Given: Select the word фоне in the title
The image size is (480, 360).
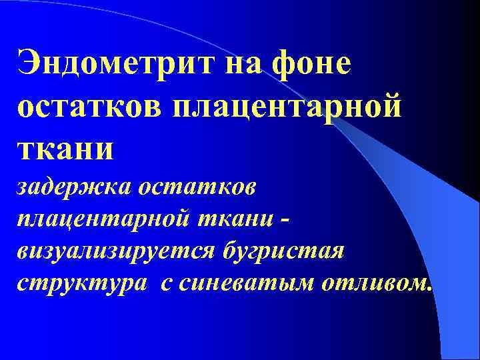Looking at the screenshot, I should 311,65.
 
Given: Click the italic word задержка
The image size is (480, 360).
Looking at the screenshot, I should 73,188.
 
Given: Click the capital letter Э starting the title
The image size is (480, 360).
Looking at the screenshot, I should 31,65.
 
